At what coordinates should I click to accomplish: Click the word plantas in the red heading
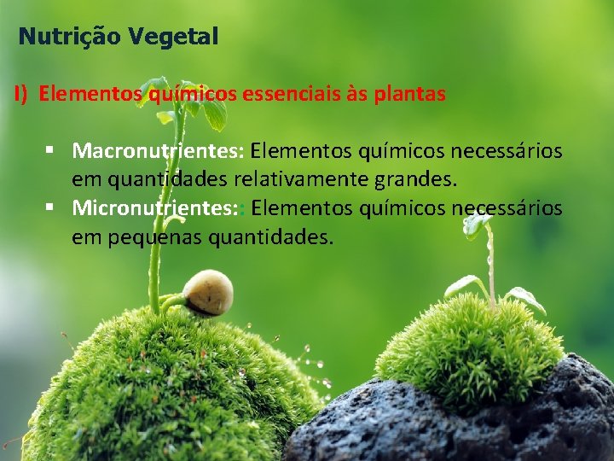tap(409, 94)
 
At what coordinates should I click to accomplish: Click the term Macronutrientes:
tap(159, 151)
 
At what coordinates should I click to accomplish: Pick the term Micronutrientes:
tap(159, 207)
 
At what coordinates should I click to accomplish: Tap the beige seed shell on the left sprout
tap(207, 293)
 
